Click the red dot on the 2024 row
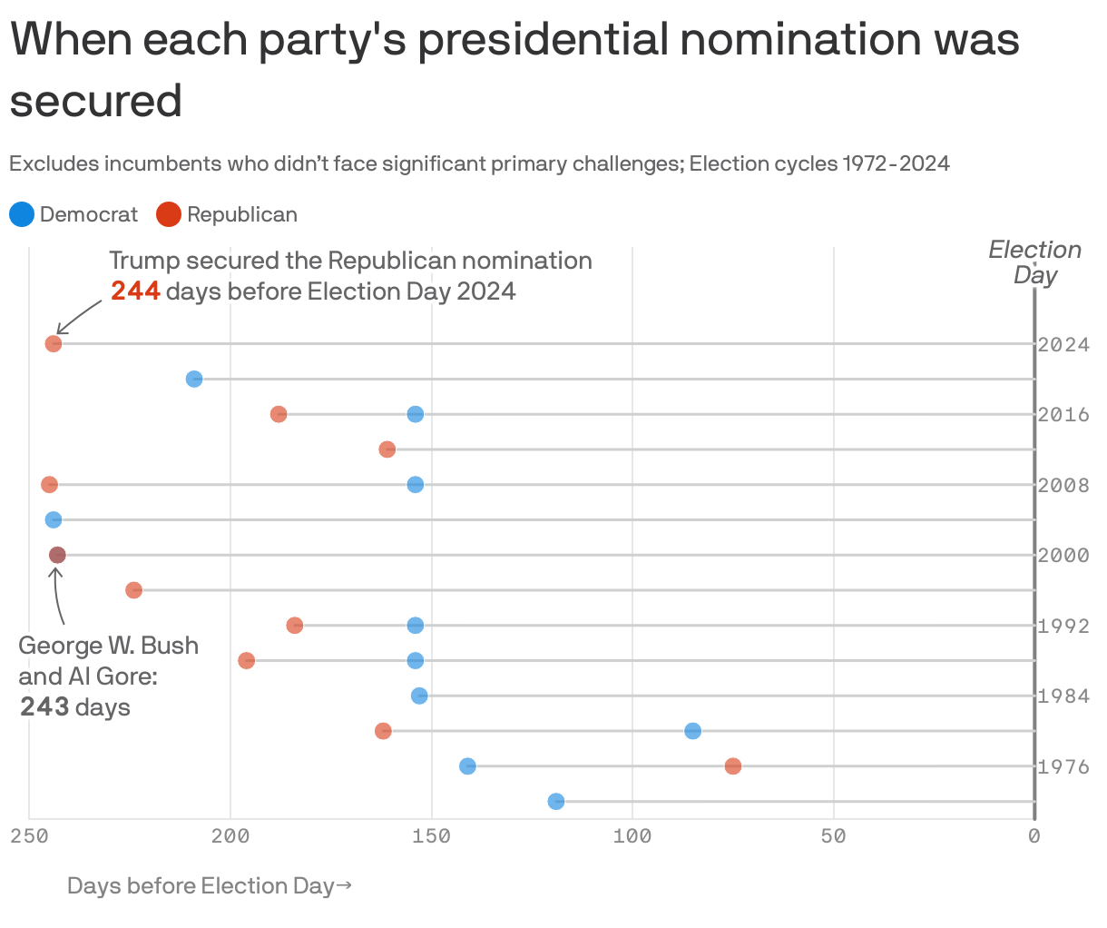(x=54, y=344)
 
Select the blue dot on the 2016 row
(x=416, y=414)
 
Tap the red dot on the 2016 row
(x=279, y=414)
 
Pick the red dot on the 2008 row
(x=49, y=485)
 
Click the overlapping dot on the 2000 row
(x=57, y=555)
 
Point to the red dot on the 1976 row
(x=733, y=766)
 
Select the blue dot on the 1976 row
(x=467, y=766)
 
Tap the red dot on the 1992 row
(x=295, y=626)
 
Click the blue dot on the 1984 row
(x=419, y=696)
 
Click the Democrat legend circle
(x=22, y=215)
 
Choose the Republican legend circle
(x=169, y=215)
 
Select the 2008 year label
(x=1063, y=486)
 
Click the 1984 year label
(x=1063, y=696)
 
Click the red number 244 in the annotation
(x=135, y=291)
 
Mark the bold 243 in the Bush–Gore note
(x=44, y=707)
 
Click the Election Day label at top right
(x=1035, y=262)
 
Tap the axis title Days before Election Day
(x=209, y=886)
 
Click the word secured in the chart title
(x=95, y=101)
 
